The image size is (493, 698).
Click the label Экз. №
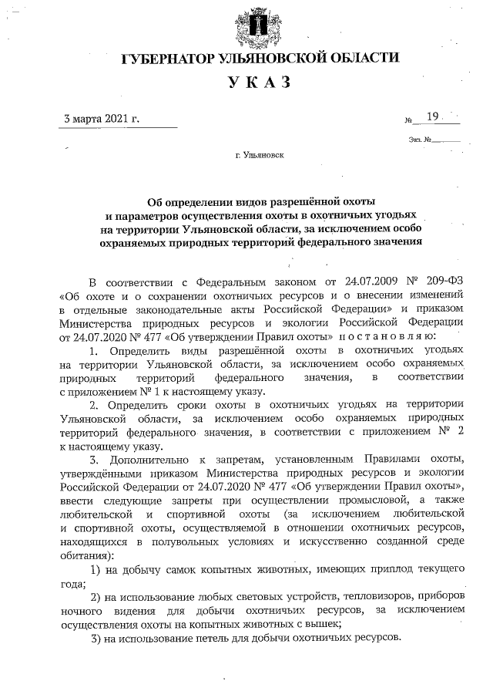(421, 140)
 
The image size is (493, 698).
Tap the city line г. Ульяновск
(260, 154)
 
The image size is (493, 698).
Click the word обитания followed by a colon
(84, 555)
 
